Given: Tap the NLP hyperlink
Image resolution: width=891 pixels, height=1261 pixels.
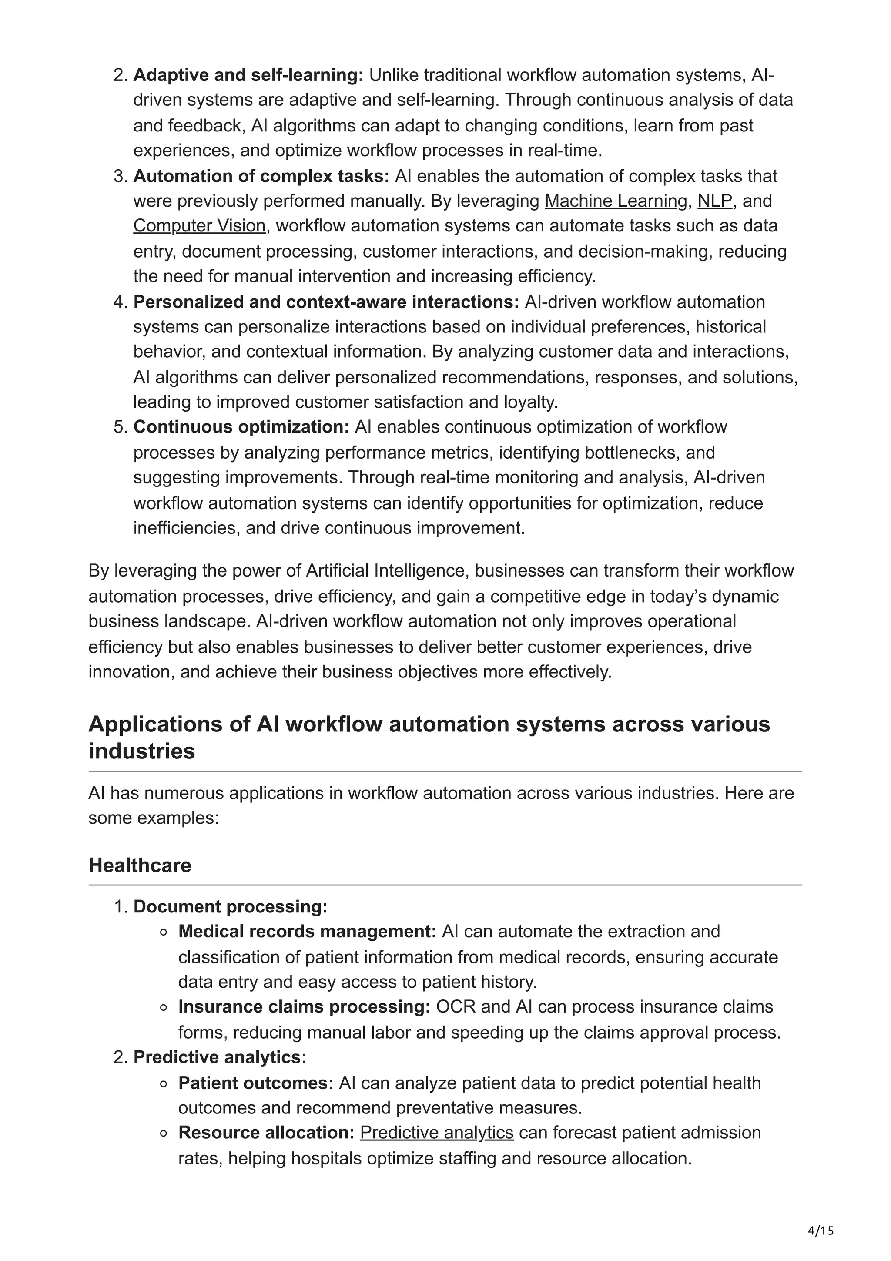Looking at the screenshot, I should pos(714,201).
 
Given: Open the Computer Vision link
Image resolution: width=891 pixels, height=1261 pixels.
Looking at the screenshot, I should pos(199,226).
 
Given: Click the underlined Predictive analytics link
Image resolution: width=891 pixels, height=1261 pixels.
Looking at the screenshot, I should pos(436,1133).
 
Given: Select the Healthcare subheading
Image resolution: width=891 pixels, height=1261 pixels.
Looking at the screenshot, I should pos(140,865).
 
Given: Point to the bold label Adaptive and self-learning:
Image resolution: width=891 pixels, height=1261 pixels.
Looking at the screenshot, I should pos(248,75).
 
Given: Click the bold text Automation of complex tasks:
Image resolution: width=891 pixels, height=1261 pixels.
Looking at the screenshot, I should pos(261,176).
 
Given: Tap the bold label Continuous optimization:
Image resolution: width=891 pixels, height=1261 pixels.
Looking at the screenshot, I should pos(241,427).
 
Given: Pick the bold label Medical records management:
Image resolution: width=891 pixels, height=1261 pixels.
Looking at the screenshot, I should pos(307,932).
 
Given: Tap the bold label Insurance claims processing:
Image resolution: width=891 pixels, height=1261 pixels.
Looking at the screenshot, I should pos(304,1007).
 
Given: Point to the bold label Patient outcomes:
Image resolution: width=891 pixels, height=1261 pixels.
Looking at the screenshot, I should pos(256,1083).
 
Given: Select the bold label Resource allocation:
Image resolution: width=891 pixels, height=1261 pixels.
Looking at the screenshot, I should pos(266,1133).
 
